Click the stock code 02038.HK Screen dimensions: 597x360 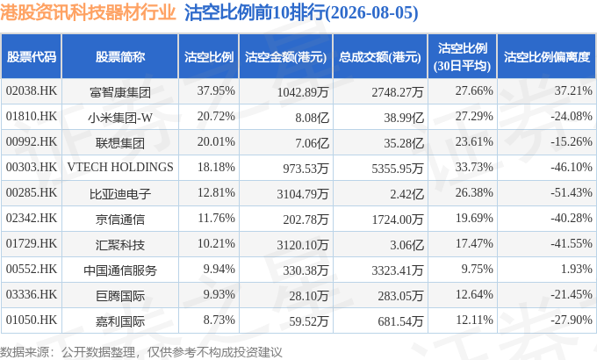click(x=32, y=90)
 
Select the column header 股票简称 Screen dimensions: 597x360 click(x=120, y=57)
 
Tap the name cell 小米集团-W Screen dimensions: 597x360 click(x=120, y=118)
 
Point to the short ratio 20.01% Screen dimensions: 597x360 click(x=216, y=141)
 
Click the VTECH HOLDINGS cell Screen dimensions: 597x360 click(x=120, y=167)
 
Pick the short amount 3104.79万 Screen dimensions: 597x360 click(x=303, y=194)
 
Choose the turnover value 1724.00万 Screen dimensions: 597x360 click(x=398, y=220)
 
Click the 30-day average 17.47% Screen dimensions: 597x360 click(x=474, y=243)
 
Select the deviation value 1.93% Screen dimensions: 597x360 click(x=576, y=269)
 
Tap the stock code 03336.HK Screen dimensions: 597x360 click(x=32, y=294)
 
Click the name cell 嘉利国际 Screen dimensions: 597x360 click(x=120, y=321)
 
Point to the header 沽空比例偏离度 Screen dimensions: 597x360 click(x=547, y=57)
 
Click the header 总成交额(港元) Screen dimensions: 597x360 click(x=380, y=57)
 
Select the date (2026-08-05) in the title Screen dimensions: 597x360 click(x=371, y=13)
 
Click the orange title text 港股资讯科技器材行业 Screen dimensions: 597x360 click(x=88, y=12)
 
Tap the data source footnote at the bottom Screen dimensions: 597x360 click(x=140, y=351)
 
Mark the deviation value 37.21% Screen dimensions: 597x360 click(x=573, y=90)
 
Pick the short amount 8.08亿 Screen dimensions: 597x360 click(x=312, y=118)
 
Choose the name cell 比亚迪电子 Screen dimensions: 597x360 click(x=120, y=194)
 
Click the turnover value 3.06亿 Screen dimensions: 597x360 click(x=406, y=245)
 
